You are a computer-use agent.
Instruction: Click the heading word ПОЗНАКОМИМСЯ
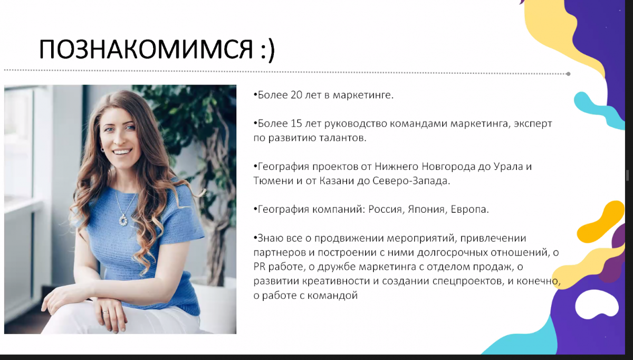(146, 50)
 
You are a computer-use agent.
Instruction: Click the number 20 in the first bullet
(296, 95)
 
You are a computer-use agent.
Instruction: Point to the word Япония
(426, 210)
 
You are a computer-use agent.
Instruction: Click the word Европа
(468, 210)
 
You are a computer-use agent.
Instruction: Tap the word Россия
(385, 210)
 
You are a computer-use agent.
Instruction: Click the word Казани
(337, 181)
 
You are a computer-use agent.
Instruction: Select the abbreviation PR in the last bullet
(260, 267)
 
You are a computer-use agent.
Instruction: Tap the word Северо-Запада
(411, 181)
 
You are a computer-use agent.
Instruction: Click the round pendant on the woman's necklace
(123, 220)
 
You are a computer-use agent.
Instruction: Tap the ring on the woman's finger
(105, 312)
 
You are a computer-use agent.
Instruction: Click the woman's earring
(102, 149)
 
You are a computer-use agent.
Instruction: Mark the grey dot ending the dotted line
(568, 74)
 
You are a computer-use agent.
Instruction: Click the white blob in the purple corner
(597, 304)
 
